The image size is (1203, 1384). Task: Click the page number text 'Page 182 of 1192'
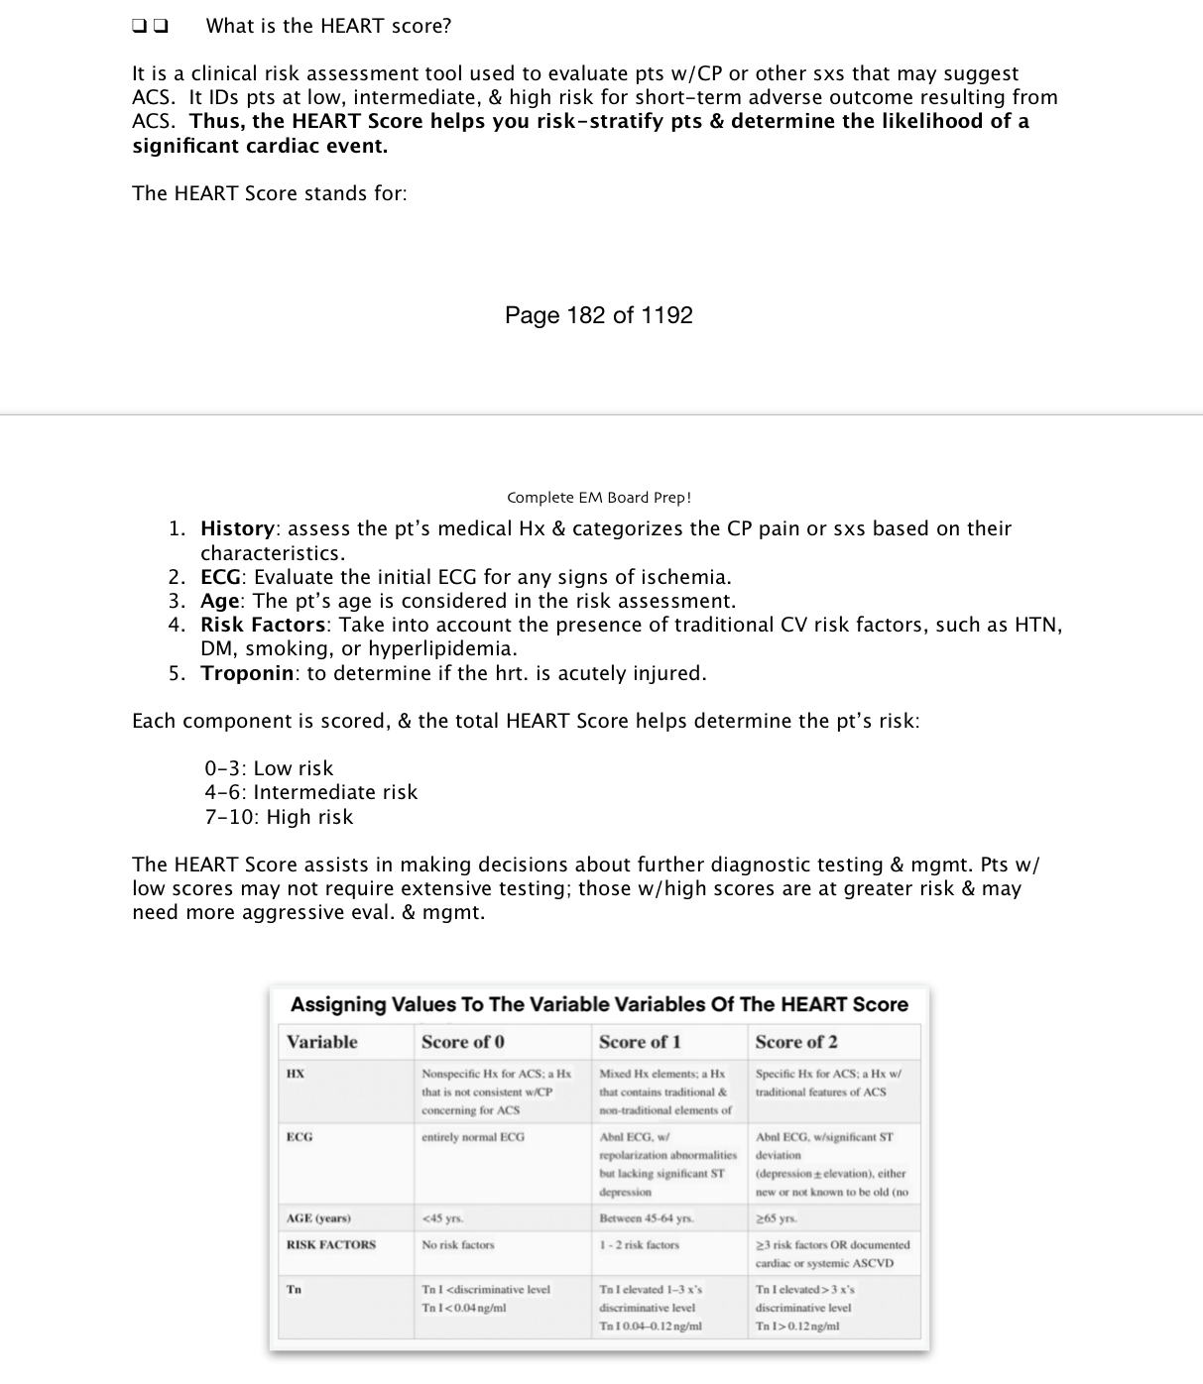(x=598, y=315)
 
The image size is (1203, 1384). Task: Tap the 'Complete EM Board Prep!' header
(x=599, y=498)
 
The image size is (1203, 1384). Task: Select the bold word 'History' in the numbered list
(x=237, y=528)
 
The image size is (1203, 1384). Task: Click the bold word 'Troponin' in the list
(x=247, y=673)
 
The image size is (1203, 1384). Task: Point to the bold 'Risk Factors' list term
(x=263, y=625)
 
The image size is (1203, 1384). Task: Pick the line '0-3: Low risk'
(x=269, y=768)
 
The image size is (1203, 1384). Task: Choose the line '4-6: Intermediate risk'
(x=310, y=792)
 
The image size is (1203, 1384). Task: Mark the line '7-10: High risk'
(x=279, y=817)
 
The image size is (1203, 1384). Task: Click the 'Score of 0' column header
(x=462, y=1042)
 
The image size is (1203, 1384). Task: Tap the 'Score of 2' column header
(x=795, y=1042)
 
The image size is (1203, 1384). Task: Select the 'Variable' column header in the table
(x=321, y=1042)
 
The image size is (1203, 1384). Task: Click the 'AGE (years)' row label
(x=318, y=1218)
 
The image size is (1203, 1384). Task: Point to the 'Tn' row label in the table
(x=294, y=1290)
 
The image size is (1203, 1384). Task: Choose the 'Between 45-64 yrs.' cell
(x=647, y=1218)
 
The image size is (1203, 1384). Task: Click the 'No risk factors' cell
(x=457, y=1245)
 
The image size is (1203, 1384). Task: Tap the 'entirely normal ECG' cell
(x=473, y=1137)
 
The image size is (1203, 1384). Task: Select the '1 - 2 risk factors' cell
(x=640, y=1245)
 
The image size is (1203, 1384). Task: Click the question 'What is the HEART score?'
(x=328, y=27)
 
